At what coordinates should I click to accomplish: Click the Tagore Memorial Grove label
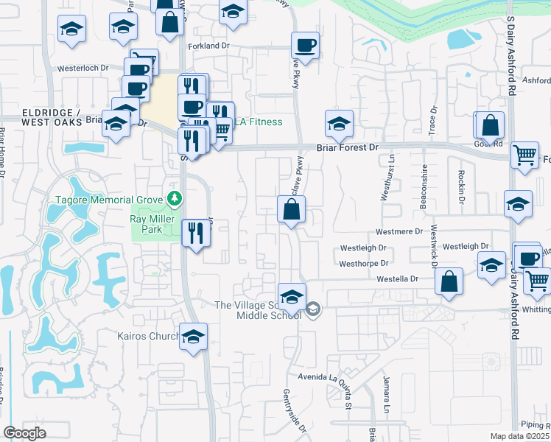(110, 200)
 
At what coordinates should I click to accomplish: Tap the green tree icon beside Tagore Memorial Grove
(174, 199)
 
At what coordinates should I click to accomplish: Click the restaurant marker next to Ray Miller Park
(193, 234)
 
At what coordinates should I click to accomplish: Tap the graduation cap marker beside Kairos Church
(193, 337)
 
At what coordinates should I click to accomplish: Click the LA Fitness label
(259, 122)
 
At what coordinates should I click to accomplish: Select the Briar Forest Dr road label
(347, 147)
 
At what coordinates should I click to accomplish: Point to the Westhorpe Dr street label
(363, 263)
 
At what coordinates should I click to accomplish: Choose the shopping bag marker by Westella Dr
(449, 281)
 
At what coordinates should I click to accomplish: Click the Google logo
(24, 432)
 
